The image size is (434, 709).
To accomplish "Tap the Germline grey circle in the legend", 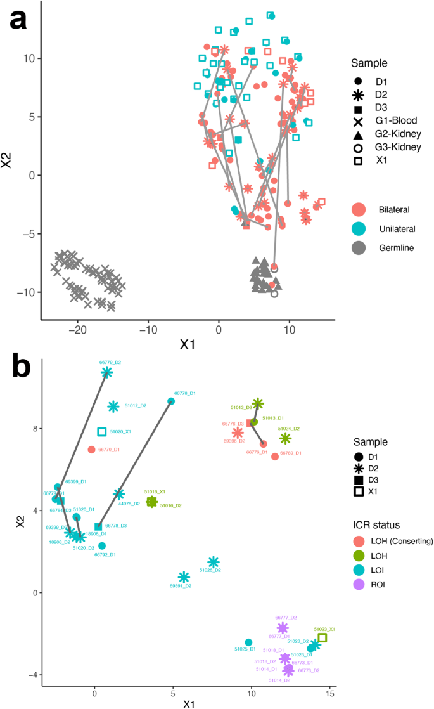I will coord(359,248).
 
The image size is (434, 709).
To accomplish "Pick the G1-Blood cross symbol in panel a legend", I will coord(359,121).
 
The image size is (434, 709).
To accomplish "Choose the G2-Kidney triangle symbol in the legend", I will coord(359,134).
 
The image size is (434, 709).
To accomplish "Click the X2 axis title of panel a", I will coord(8,159).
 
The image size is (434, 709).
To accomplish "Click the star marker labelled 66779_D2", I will coord(107,372).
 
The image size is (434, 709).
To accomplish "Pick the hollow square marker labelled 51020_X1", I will coord(102,432).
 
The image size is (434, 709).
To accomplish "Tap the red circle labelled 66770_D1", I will coord(91,450).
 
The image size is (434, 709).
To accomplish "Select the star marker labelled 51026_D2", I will coord(214,562).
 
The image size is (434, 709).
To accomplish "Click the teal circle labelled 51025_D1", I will coord(248,642).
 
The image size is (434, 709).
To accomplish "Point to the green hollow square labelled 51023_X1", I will coord(322,637).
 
